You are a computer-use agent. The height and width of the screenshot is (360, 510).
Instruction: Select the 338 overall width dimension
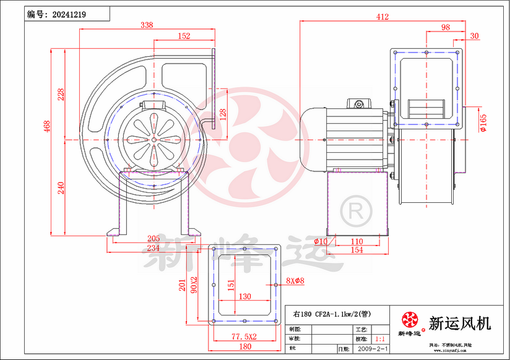tap(147, 25)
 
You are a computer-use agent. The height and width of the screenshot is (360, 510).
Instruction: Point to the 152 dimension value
tap(184, 36)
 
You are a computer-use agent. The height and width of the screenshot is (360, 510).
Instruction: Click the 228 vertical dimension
tap(61, 94)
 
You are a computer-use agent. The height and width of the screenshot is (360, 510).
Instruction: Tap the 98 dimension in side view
tap(445, 27)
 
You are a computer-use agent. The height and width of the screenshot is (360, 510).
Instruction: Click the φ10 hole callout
tap(321, 241)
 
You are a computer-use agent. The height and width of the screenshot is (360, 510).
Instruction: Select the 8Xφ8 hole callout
tap(295, 281)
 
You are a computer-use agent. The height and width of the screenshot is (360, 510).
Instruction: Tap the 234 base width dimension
tap(153, 247)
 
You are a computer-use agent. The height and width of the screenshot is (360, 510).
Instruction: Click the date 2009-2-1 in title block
tap(370, 349)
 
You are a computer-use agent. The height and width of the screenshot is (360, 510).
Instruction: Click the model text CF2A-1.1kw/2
tap(337, 314)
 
